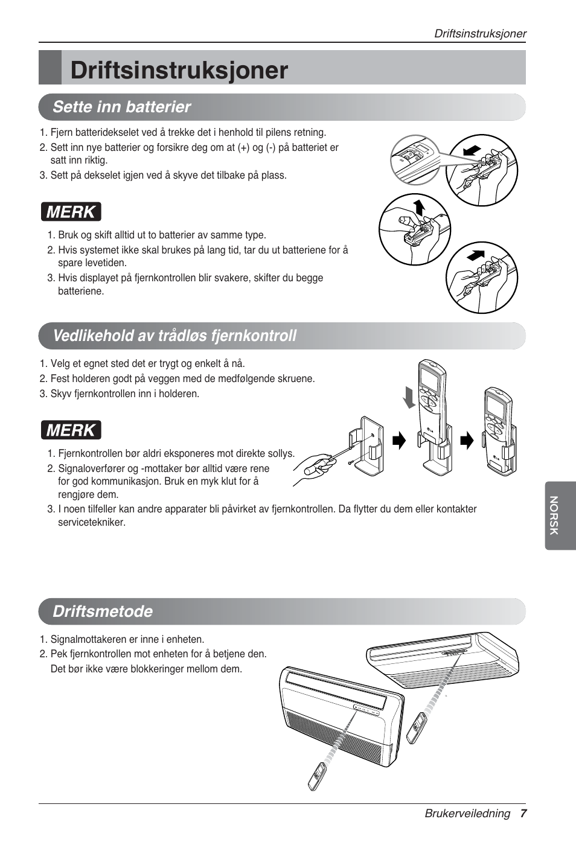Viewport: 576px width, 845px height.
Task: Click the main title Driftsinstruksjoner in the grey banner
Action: pos(179,70)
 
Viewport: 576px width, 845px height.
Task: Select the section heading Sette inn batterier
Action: pos(121,107)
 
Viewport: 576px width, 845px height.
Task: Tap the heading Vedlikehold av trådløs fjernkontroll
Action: pos(174,336)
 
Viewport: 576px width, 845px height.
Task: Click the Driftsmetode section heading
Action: pos(103,611)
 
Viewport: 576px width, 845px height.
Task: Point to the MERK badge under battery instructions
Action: pos(71,212)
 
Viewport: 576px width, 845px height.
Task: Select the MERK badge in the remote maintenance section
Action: pos(71,430)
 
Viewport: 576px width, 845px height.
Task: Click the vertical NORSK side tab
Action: pos(553,515)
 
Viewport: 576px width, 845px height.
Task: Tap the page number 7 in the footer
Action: pos(523,814)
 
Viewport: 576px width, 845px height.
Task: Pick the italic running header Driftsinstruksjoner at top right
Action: pos(480,34)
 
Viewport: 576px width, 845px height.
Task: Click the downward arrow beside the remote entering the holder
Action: pos(410,398)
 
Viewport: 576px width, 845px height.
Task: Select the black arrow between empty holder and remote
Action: pos(399,441)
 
